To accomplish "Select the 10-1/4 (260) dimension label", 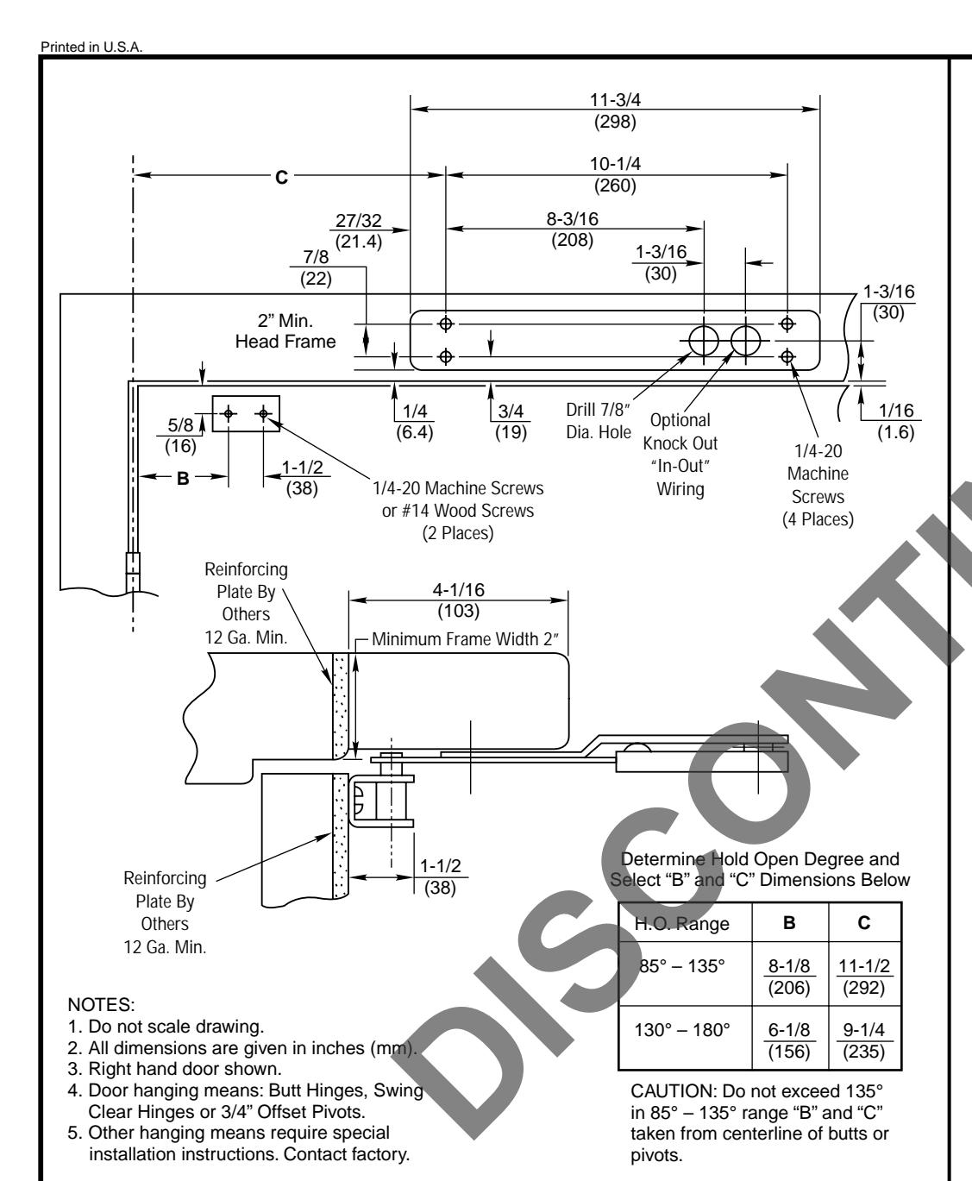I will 614,175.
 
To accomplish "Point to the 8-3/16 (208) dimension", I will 573,229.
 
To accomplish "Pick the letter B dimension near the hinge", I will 182,477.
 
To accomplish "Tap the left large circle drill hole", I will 704,342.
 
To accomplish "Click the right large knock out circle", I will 745,342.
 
